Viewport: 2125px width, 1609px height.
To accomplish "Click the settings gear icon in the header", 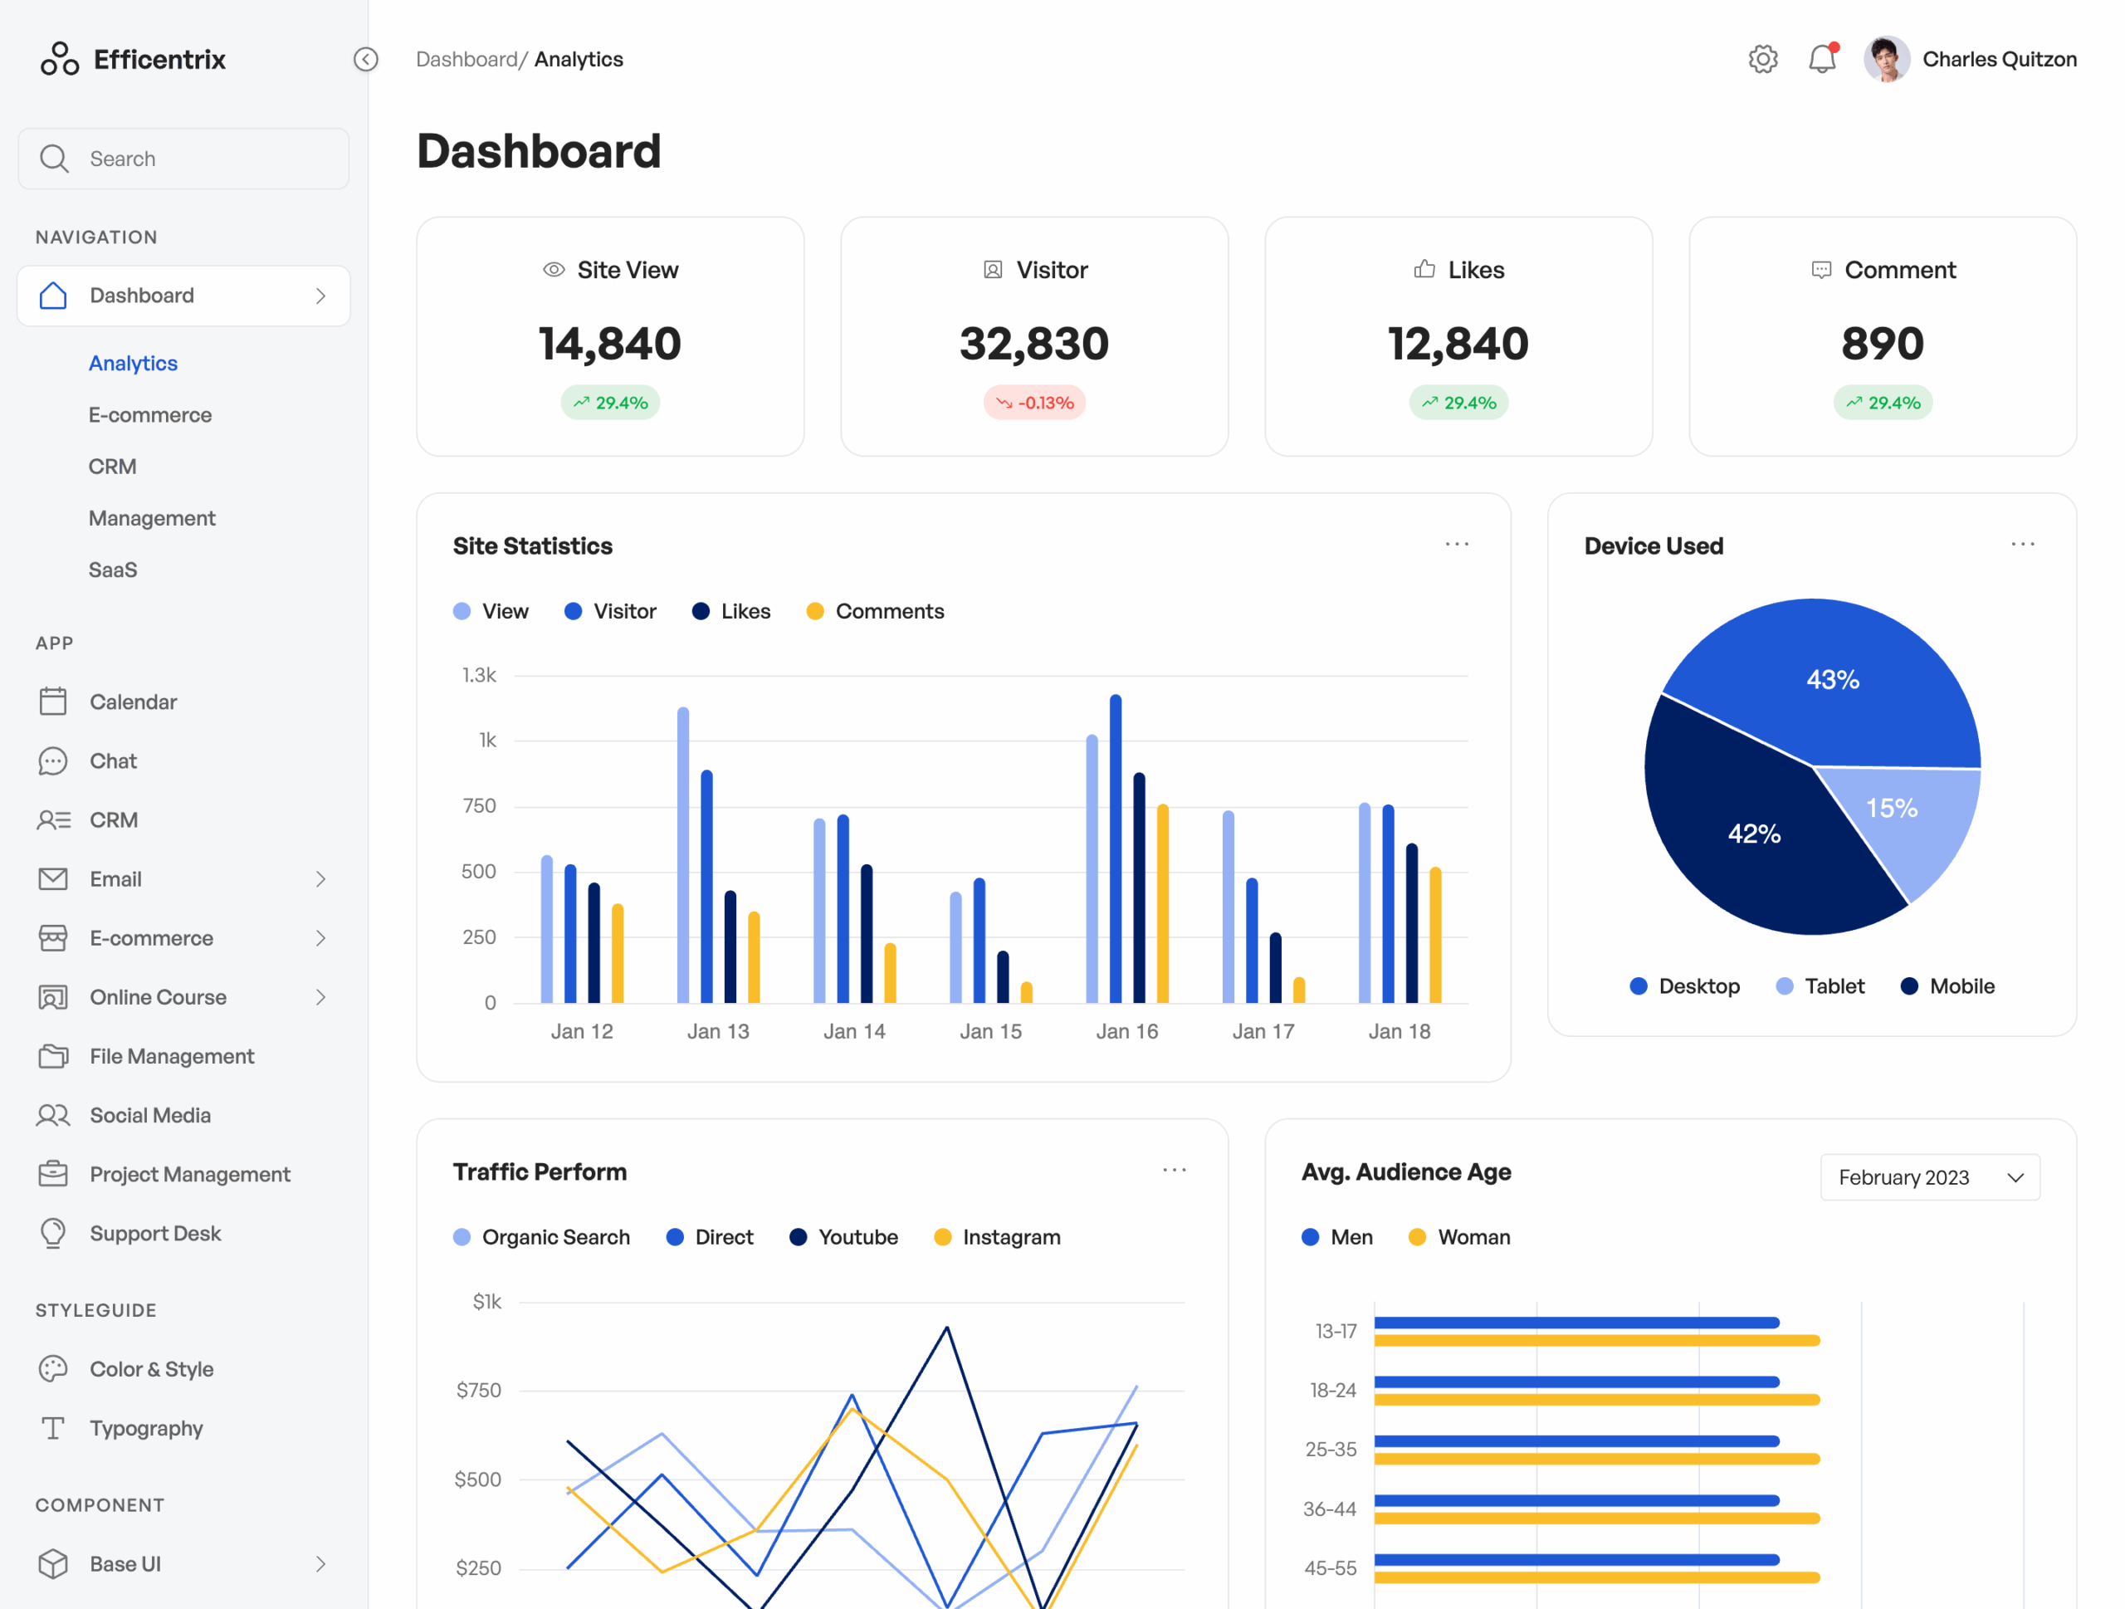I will [1762, 59].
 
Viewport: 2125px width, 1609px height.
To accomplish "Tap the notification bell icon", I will [1821, 59].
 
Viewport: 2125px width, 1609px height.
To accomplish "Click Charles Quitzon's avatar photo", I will [1886, 59].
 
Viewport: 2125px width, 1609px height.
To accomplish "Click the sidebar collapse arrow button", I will [366, 60].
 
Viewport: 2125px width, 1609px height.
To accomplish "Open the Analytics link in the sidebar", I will [133, 363].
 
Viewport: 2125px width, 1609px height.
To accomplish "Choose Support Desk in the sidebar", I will [154, 1234].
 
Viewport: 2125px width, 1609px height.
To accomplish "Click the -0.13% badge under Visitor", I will [1033, 403].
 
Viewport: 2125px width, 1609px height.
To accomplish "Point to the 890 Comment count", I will [1882, 344].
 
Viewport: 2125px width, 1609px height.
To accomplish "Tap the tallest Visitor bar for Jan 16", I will [1116, 845].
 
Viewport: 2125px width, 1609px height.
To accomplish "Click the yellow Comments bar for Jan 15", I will [1026, 992].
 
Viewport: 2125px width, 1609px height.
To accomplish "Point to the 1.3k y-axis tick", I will [478, 675].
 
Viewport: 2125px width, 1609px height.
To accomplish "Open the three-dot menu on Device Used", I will [2022, 545].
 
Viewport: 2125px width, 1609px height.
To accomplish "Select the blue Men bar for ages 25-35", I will [1575, 1441].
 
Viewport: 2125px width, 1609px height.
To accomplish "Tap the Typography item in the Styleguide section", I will [146, 1428].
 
